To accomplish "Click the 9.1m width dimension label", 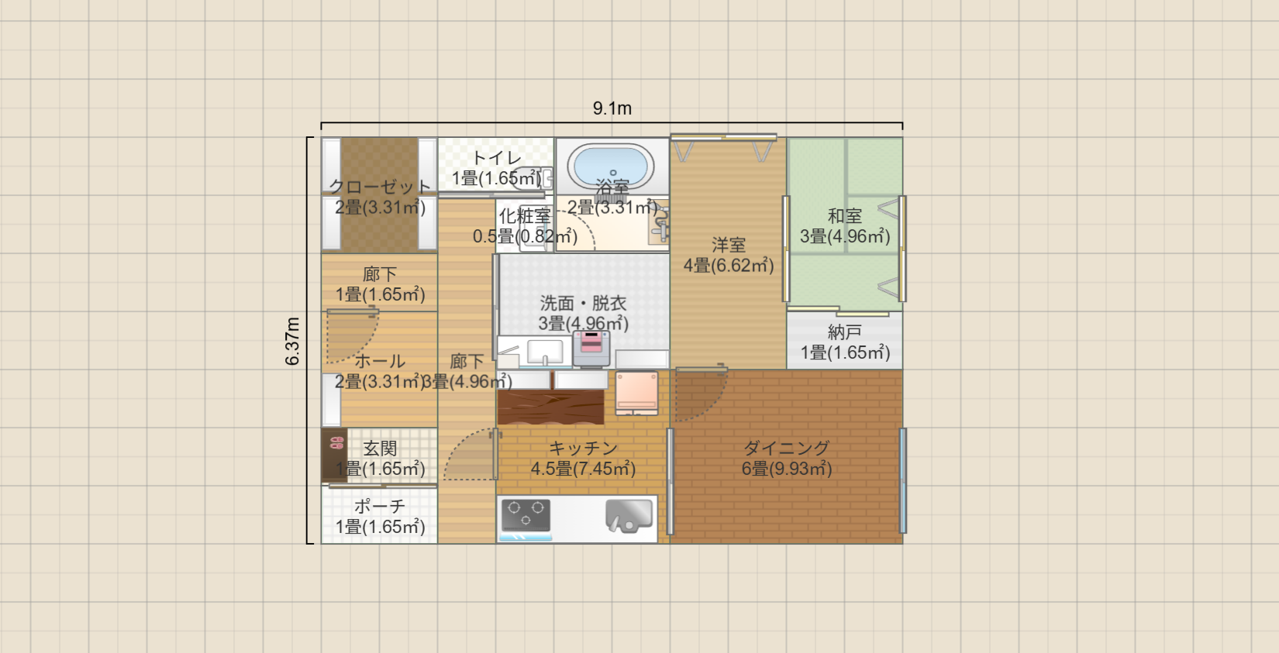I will pos(612,108).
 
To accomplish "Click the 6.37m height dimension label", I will pos(293,341).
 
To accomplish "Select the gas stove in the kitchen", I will pos(526,515).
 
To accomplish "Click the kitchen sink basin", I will pos(629,515).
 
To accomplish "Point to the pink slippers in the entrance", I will pos(336,443).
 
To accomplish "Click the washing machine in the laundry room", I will pos(591,348).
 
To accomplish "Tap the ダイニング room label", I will pos(786,448).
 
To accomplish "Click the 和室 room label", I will pos(844,216).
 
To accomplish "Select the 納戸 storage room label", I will pos(844,332).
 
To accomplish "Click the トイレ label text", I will pos(496,158).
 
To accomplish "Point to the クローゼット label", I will pos(380,187).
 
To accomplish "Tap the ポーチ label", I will pos(380,507).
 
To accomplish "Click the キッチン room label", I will pos(583,448).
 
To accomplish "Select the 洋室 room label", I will pos(728,246).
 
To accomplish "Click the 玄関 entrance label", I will pos(380,449).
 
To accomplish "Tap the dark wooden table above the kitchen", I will pos(550,407).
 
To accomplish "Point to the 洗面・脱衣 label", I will pos(583,303).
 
